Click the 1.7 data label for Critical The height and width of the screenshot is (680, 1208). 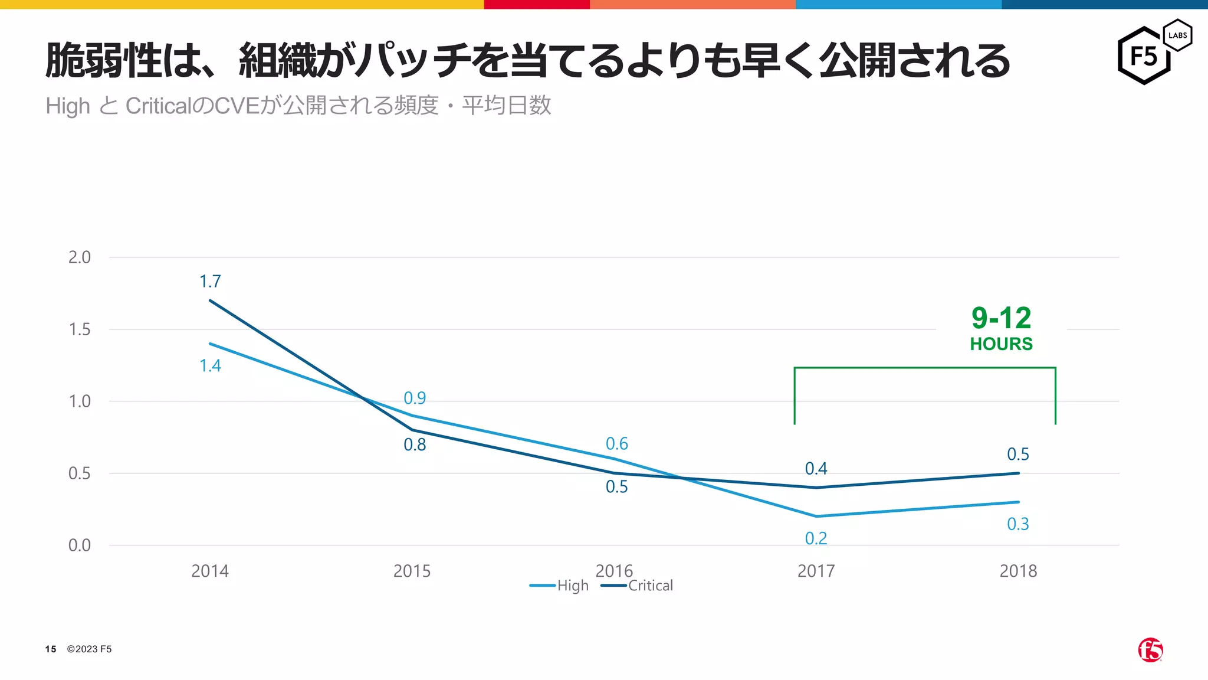click(x=210, y=282)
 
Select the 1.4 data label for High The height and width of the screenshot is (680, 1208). click(x=210, y=366)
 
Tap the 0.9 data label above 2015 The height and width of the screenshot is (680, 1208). click(x=415, y=398)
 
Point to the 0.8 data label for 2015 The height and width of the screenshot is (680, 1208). click(x=415, y=445)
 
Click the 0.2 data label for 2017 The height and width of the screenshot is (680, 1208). click(x=816, y=538)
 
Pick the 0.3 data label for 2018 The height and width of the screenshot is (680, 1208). click(x=1017, y=524)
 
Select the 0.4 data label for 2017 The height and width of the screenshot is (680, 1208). click(x=816, y=469)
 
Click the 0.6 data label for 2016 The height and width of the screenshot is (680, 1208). click(x=616, y=444)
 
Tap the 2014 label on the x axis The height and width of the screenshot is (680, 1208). click(x=210, y=571)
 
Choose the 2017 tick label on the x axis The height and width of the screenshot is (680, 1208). click(x=816, y=571)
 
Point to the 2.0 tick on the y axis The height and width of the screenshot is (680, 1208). click(x=80, y=257)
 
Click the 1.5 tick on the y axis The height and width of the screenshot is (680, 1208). click(x=80, y=329)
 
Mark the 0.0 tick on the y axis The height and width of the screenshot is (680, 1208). click(x=80, y=545)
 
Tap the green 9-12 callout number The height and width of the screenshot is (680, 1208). click(x=1001, y=319)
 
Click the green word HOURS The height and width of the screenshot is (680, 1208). click(x=1001, y=344)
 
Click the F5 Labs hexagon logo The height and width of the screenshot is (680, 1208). click(x=1153, y=53)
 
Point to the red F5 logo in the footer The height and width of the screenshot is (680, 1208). click(x=1150, y=650)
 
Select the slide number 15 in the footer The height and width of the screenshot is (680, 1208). click(x=51, y=649)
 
